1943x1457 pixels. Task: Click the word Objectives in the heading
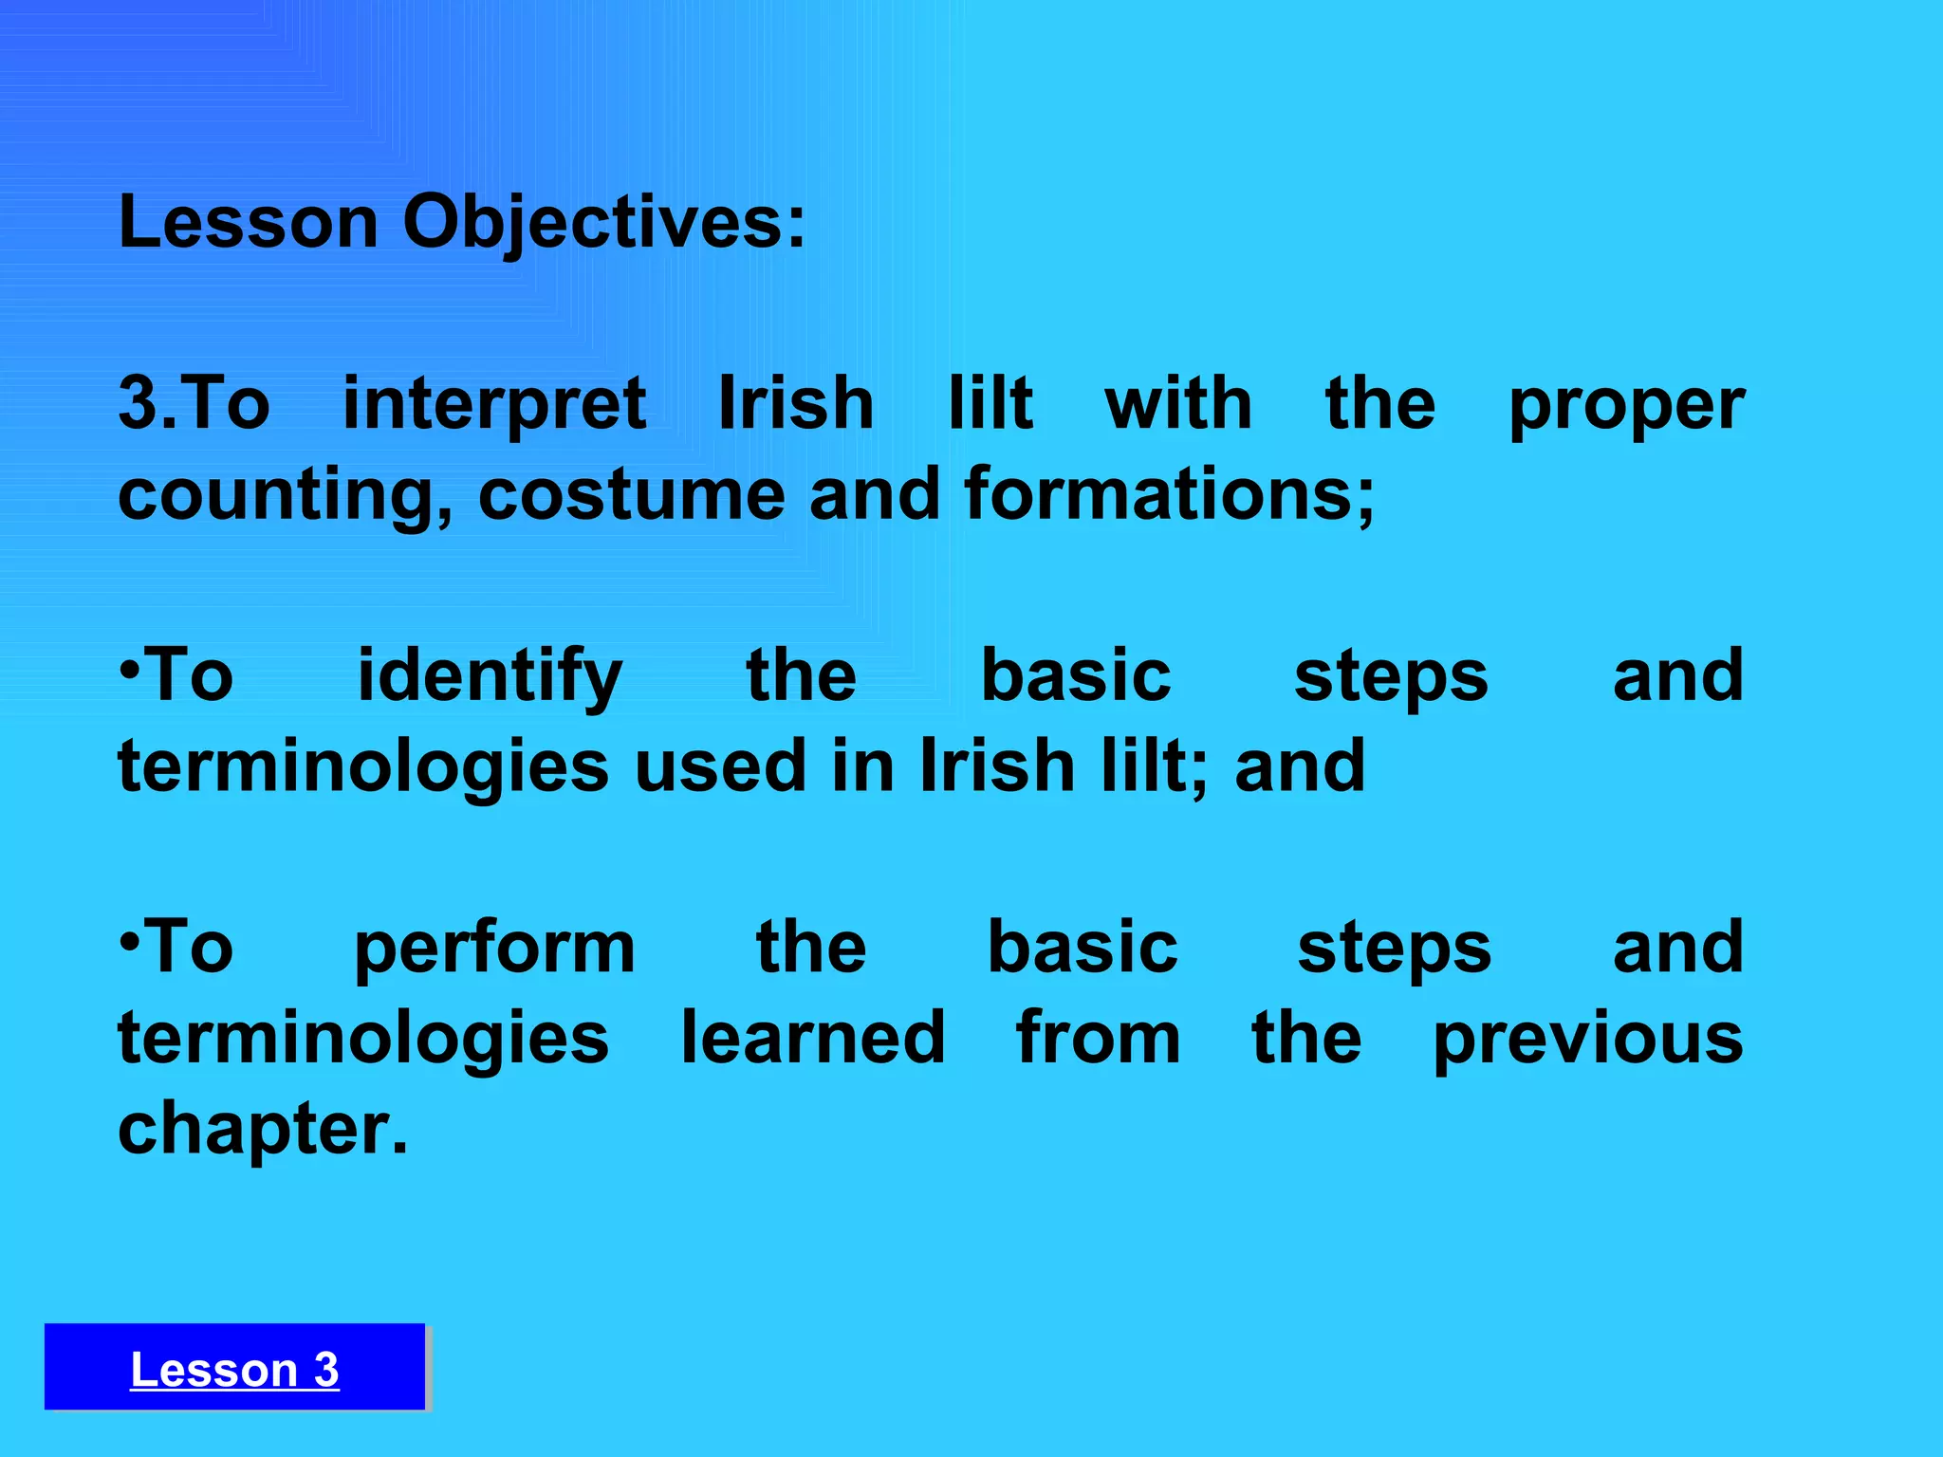603,224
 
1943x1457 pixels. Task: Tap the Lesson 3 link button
234,1369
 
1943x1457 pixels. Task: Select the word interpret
494,404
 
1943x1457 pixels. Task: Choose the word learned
813,1038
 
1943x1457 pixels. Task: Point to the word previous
1587,1040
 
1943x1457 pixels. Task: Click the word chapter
263,1129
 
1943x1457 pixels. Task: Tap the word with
1178,404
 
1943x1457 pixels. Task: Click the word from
1098,1038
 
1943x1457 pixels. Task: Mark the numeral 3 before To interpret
138,404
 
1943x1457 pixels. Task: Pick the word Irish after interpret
795,404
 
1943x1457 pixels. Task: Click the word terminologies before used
363,766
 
